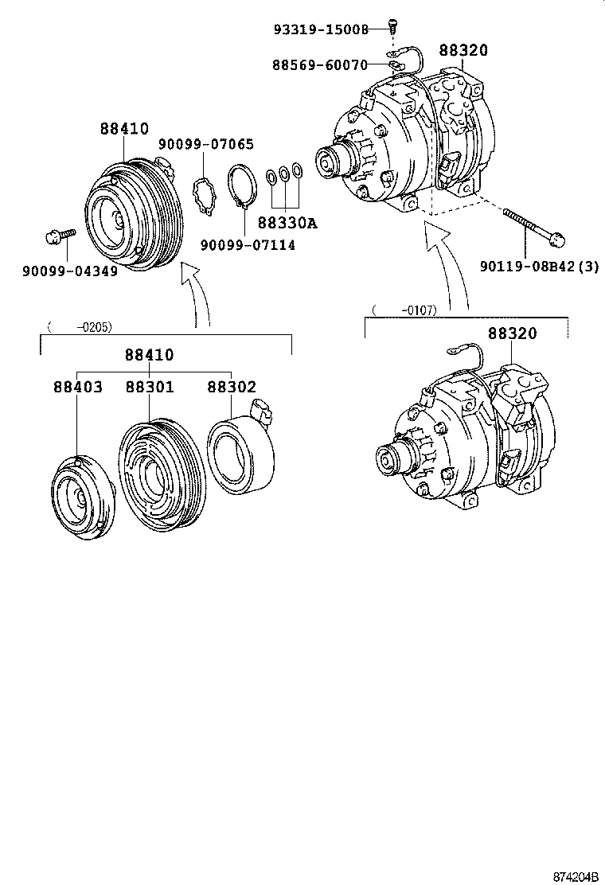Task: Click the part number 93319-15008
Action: (x=321, y=29)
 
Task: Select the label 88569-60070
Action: (x=321, y=65)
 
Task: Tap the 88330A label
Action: (x=287, y=224)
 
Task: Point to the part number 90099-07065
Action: (x=205, y=144)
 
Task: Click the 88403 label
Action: (x=78, y=388)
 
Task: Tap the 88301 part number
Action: (x=150, y=388)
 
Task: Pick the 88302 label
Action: (x=232, y=388)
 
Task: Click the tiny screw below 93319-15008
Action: (x=392, y=26)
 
